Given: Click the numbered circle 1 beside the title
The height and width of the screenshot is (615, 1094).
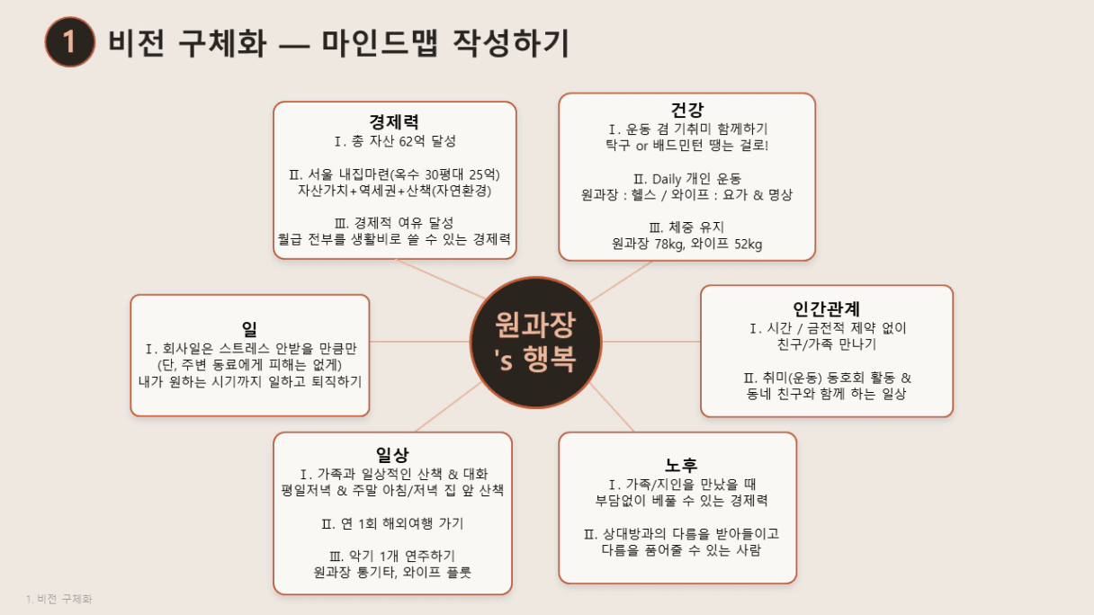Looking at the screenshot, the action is [x=70, y=42].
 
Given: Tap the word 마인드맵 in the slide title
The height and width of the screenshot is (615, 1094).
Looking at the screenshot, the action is [x=380, y=43].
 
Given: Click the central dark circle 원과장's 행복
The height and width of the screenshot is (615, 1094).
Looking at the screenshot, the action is [x=536, y=343].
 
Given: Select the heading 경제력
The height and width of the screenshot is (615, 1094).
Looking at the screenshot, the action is [x=394, y=121].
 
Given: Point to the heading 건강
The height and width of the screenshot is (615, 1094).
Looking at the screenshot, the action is [x=686, y=110].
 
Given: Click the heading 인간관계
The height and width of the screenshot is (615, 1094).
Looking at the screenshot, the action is [x=827, y=308].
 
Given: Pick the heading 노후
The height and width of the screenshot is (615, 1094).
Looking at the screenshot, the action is [x=681, y=465].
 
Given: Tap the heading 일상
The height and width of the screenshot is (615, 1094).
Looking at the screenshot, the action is [x=392, y=455].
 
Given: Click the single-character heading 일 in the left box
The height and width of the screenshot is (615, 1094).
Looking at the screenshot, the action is [x=249, y=329].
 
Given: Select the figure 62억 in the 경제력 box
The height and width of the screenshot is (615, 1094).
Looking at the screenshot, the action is [x=412, y=141].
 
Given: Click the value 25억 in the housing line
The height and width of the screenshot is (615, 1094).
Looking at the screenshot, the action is [x=484, y=174].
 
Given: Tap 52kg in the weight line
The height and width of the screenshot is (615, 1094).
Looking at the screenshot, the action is [x=748, y=244].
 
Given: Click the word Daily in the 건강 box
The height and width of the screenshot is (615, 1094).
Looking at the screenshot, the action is [x=667, y=179].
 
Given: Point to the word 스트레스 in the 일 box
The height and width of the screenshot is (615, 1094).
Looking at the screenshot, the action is [x=244, y=349].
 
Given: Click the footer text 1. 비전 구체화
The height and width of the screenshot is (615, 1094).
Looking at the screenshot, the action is [x=59, y=599].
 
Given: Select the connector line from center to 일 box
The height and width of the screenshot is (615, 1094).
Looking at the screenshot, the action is [x=419, y=342].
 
